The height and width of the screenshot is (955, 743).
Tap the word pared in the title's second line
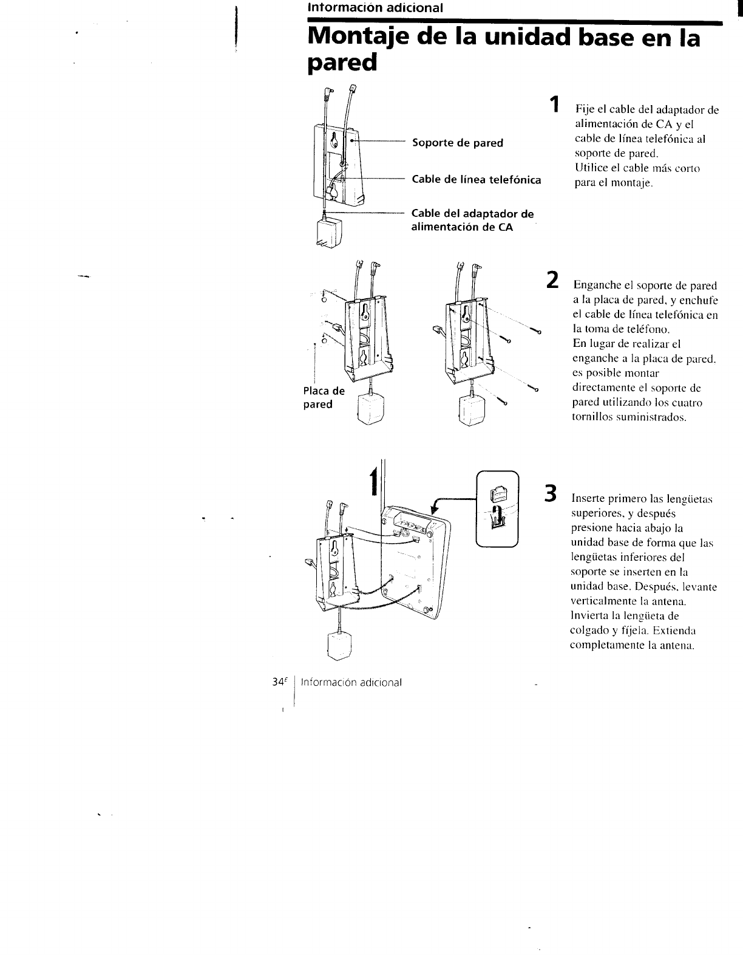(x=342, y=63)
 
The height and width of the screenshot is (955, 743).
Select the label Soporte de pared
(x=457, y=143)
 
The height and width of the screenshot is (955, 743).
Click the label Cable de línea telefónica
(x=476, y=180)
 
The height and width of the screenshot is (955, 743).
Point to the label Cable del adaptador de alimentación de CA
(x=472, y=221)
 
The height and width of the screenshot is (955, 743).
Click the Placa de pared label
(x=324, y=398)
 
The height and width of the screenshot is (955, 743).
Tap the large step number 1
(x=553, y=104)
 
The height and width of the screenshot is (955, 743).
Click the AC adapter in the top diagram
(x=328, y=233)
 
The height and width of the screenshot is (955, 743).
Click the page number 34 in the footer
(x=279, y=682)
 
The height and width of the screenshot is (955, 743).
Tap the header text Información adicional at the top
(x=375, y=8)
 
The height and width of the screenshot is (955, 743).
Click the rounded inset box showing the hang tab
(x=497, y=509)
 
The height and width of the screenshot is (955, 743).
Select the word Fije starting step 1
(x=584, y=110)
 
